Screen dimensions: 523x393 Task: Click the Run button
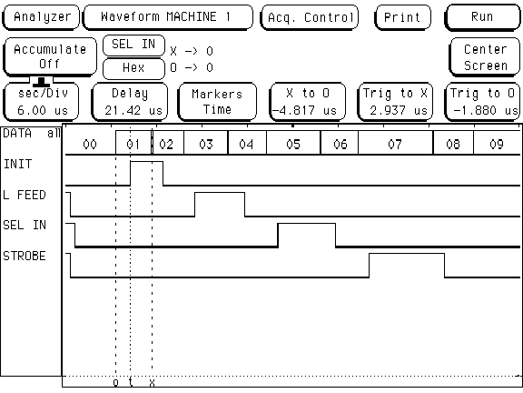pos(482,17)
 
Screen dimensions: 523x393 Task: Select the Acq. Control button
pos(310,17)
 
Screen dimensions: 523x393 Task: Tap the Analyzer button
pos(42,17)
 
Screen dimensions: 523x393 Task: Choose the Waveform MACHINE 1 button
pos(168,17)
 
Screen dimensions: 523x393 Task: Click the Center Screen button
pos(485,57)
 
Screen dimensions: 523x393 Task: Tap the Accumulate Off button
pos(50,56)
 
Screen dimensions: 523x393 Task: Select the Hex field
pos(133,68)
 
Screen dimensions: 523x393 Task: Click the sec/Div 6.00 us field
pos(42,102)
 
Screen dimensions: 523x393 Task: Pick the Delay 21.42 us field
pos(130,102)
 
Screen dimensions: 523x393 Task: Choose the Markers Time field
pos(217,102)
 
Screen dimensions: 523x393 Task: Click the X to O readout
pos(308,102)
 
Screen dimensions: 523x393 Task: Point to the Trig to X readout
pos(395,102)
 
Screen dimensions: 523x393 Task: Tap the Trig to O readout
pos(482,102)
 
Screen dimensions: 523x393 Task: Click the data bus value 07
pos(395,145)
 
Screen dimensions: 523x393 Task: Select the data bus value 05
pos(293,145)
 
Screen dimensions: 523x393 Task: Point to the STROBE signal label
pos(25,256)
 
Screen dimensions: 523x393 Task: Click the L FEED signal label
pos(25,195)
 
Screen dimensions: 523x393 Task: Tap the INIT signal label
pos(17,164)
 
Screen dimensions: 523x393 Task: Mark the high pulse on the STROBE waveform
pos(407,254)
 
